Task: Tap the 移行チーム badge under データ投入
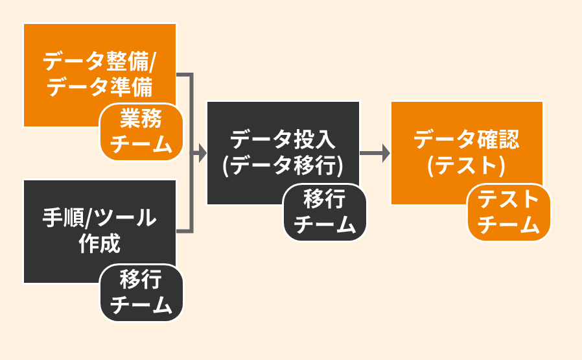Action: (x=325, y=212)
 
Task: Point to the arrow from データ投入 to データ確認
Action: (x=375, y=154)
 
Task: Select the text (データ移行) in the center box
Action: (x=283, y=165)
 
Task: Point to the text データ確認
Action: (x=466, y=139)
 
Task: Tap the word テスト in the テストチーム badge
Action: (x=509, y=198)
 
